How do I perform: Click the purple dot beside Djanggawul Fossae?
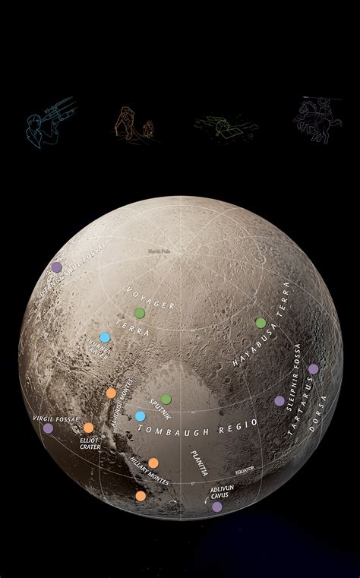pyautogui.click(x=56, y=267)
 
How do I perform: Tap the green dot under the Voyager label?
pyautogui.click(x=139, y=313)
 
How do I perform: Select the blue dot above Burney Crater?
pyautogui.click(x=105, y=337)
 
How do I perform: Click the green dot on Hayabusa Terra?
pyautogui.click(x=261, y=323)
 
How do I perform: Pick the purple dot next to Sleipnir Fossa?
pyautogui.click(x=279, y=400)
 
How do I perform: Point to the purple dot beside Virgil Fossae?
pyautogui.click(x=49, y=428)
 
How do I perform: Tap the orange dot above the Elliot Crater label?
pyautogui.click(x=89, y=428)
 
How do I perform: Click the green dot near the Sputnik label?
pyautogui.click(x=166, y=400)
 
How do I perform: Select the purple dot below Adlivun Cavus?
pyautogui.click(x=217, y=507)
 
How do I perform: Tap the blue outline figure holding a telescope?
pyautogui.click(x=50, y=117)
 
